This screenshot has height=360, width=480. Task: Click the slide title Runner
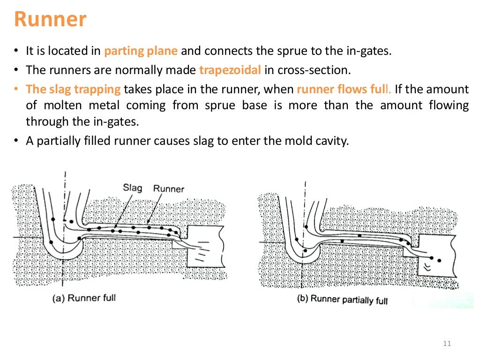(x=50, y=20)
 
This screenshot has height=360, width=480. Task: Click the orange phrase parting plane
(x=141, y=51)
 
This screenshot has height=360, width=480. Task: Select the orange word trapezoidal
(x=230, y=70)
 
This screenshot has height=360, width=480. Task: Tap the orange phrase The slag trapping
(x=73, y=89)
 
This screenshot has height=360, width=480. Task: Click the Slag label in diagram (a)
(x=132, y=187)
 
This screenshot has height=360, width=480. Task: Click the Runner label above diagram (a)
(x=169, y=189)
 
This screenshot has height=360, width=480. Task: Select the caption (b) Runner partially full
(x=342, y=300)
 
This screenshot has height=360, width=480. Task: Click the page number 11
(x=446, y=345)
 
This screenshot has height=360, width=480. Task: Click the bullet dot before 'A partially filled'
(x=16, y=142)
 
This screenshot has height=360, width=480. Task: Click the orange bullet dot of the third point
(x=16, y=90)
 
